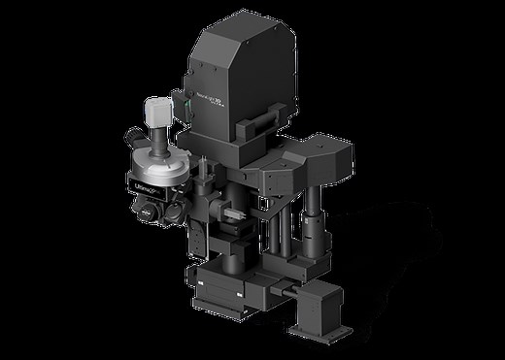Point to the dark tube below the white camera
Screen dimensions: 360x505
(x=157, y=147)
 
